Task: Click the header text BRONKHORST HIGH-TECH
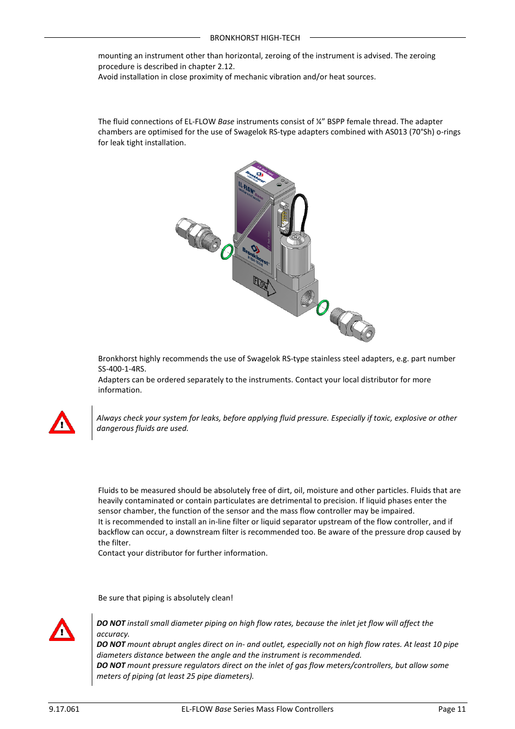[255, 38]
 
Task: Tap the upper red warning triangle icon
[62, 423]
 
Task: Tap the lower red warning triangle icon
[62, 630]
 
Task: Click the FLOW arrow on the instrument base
[264, 285]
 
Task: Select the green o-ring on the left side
[227, 252]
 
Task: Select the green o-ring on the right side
[322, 307]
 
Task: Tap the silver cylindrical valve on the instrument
[295, 253]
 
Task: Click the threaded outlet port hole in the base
[308, 297]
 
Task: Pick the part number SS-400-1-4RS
[121, 369]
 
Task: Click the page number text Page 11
[451, 709]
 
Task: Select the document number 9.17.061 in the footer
[64, 709]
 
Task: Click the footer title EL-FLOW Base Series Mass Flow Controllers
[257, 709]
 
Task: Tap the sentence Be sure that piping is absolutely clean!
[165, 598]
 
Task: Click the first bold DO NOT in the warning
[111, 623]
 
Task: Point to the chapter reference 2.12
[225, 66]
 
